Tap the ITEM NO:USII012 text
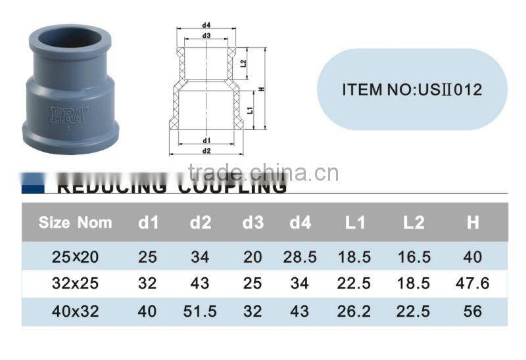tap(412, 89)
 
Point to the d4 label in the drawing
tap(206, 26)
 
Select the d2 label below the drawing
tap(206, 150)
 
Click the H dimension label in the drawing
tap(261, 89)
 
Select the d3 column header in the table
tap(253, 223)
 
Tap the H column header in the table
tap(473, 223)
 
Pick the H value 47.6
tap(473, 283)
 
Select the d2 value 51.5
tap(200, 311)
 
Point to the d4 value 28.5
tap(300, 256)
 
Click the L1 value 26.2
tap(355, 311)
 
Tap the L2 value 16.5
tap(414, 256)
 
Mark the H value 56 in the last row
tap(473, 311)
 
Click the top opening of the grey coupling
tap(64, 33)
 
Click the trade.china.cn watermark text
tap(263, 172)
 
